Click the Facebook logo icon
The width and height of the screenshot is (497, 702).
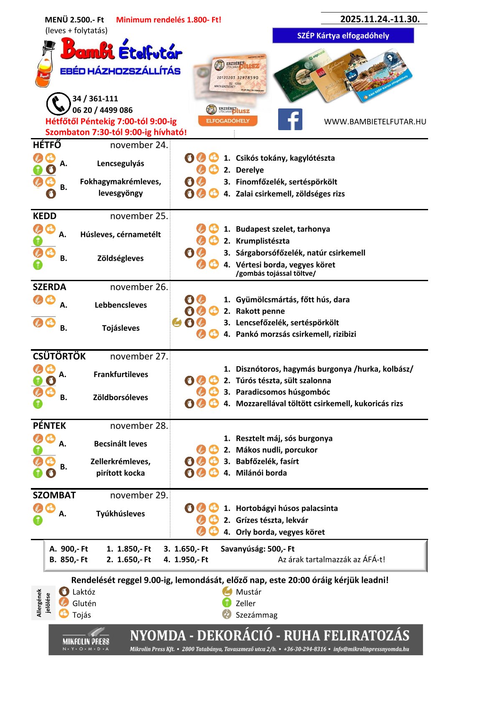click(x=290, y=120)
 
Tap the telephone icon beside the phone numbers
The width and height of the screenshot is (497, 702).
click(x=58, y=104)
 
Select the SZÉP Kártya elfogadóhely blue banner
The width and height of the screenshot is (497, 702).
click(x=343, y=35)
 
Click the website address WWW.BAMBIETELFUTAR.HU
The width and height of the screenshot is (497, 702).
click(x=375, y=122)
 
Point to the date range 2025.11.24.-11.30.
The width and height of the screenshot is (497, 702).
click(x=380, y=19)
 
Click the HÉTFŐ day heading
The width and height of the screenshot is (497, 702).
click(x=47, y=145)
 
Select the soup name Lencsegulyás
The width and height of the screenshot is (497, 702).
click(x=120, y=164)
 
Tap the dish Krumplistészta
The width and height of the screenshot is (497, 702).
click(x=262, y=241)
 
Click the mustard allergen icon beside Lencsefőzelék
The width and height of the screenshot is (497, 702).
click(x=177, y=322)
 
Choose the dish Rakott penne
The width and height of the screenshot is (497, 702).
click(x=260, y=311)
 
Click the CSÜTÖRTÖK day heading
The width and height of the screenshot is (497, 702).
click(x=59, y=356)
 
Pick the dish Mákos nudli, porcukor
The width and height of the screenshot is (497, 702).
click(x=276, y=450)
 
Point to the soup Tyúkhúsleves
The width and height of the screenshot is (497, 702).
click(x=120, y=513)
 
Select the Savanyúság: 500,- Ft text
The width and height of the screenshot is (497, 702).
click(x=257, y=549)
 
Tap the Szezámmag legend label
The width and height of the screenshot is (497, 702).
click(x=256, y=615)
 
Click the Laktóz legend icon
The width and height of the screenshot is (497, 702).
click(x=64, y=591)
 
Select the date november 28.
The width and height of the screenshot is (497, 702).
click(x=139, y=425)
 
